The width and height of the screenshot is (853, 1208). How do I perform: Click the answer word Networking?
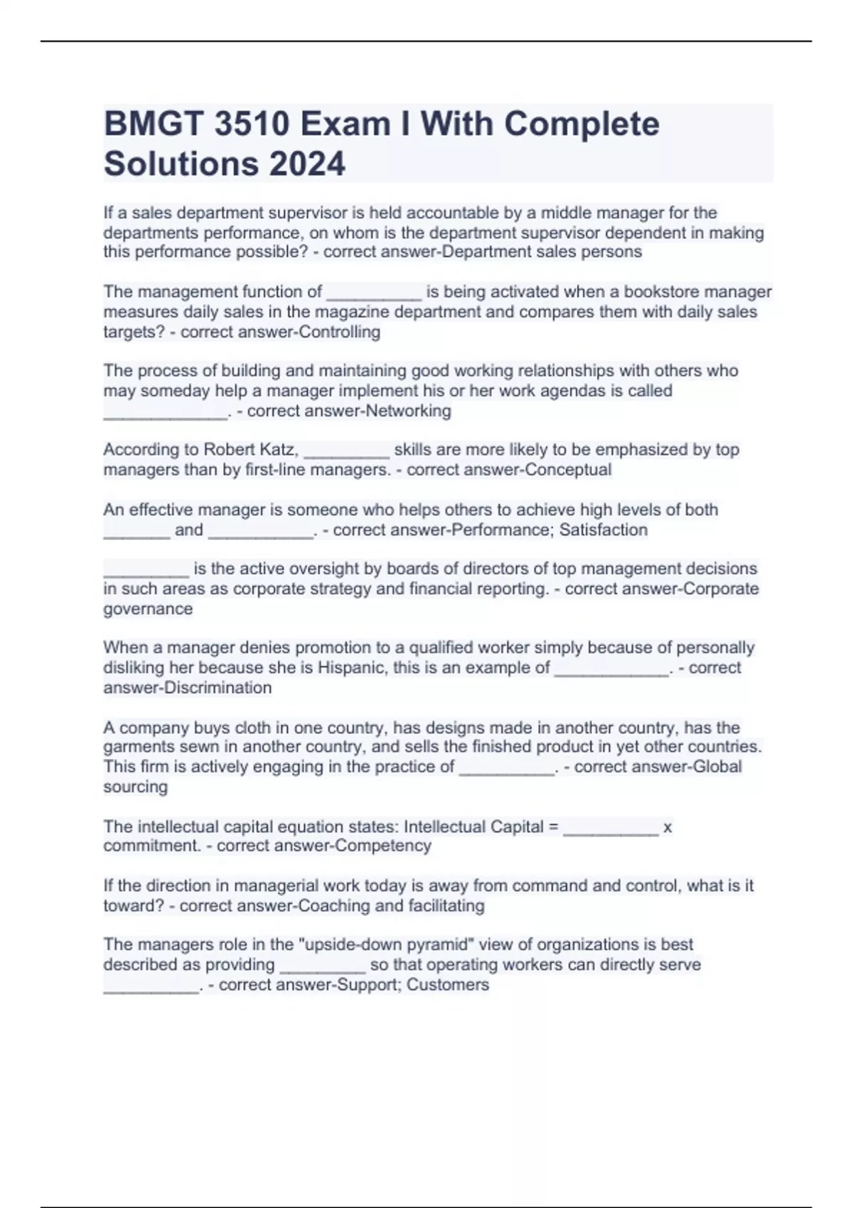click(408, 411)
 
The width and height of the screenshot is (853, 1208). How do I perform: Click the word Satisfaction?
click(603, 530)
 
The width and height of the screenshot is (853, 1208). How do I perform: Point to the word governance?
click(148, 609)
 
